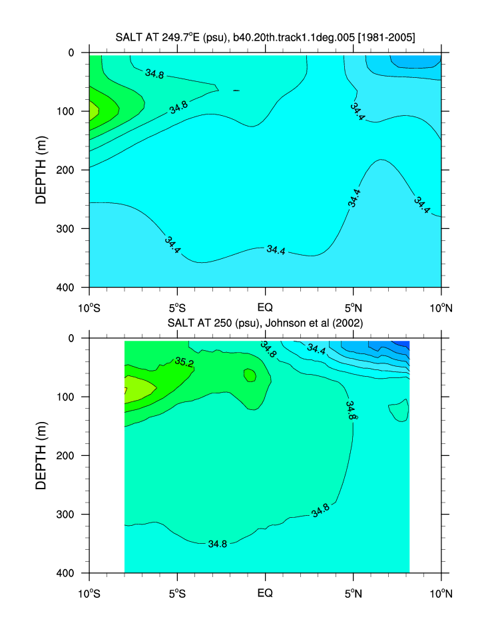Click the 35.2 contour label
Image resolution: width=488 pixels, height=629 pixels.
click(x=184, y=362)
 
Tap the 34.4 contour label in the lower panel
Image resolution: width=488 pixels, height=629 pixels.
click(x=316, y=347)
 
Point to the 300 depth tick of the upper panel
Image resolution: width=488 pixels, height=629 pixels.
click(x=69, y=229)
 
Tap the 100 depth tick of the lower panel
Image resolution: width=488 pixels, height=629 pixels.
click(x=69, y=397)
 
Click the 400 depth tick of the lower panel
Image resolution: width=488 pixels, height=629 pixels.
click(x=69, y=573)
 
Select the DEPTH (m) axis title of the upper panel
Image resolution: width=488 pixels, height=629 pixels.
click(x=41, y=169)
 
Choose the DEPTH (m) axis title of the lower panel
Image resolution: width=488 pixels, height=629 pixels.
click(x=41, y=455)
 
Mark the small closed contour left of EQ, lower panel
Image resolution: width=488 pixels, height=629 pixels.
click(x=250, y=375)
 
